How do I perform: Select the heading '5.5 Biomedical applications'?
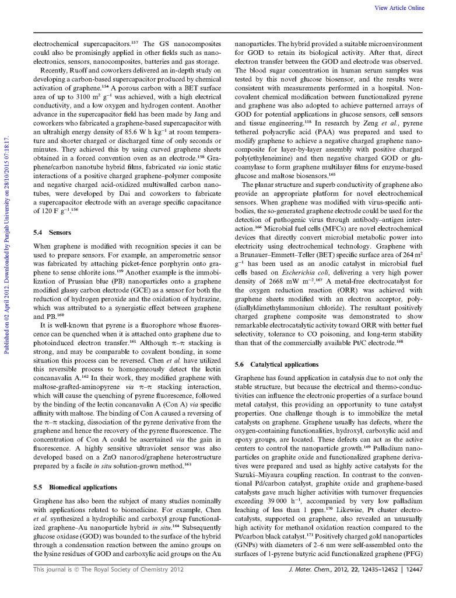click(x=76, y=487)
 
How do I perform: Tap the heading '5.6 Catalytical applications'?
click(x=276, y=364)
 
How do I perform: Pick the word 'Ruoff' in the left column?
click(x=76, y=68)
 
